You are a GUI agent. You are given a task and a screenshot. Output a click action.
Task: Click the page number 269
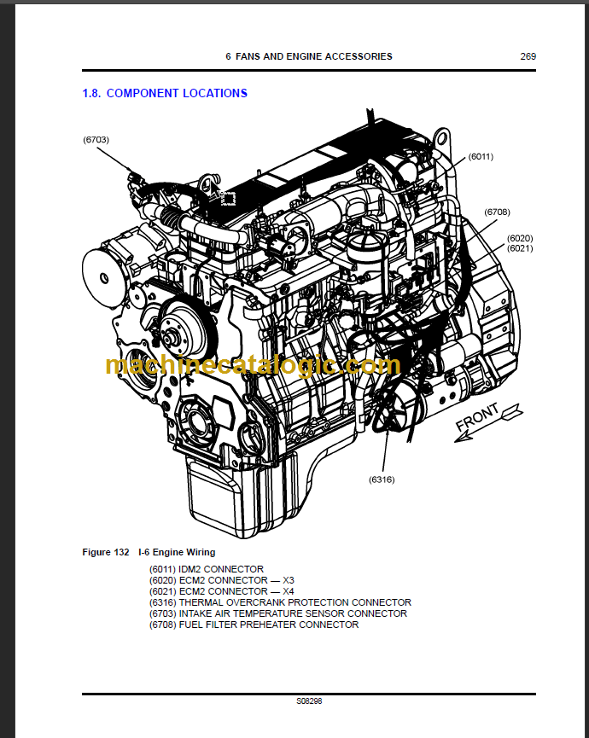[528, 56]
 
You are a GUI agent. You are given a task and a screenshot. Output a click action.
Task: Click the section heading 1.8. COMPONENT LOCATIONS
[165, 93]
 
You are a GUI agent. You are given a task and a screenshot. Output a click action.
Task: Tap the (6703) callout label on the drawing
[96, 139]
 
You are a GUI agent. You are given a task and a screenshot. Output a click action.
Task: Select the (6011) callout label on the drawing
[481, 156]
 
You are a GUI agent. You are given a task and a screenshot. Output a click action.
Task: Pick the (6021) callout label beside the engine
[519, 248]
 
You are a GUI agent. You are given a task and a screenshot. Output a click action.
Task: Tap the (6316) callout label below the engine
[382, 479]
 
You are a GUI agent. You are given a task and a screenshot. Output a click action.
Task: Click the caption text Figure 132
[105, 552]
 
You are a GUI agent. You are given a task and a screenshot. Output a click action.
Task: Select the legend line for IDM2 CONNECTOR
[206, 569]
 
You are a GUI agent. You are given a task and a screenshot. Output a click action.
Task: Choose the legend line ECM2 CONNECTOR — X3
[221, 580]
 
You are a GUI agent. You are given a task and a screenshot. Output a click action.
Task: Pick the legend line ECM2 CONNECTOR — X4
[221, 591]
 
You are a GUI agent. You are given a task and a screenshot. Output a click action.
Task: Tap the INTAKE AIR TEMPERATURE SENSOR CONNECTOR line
[277, 613]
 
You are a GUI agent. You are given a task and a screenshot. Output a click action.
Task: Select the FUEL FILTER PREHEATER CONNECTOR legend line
[254, 625]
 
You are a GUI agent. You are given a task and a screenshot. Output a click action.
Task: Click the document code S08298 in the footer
[309, 701]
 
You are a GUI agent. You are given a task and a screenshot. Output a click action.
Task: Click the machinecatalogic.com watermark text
[252, 365]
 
